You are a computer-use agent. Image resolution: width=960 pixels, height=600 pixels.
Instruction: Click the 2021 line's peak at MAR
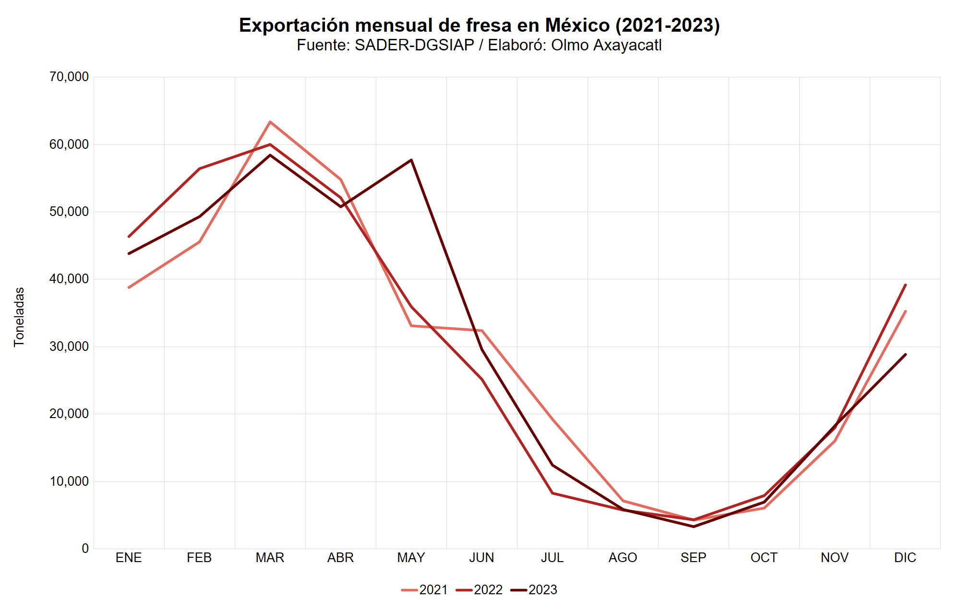[270, 122]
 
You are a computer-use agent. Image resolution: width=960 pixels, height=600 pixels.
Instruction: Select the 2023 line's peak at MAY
[411, 160]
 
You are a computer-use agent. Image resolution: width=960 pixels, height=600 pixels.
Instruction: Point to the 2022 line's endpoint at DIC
[905, 285]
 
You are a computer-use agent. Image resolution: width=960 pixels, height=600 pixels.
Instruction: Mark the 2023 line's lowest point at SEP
[694, 527]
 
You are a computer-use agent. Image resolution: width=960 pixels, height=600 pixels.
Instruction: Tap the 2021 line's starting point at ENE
[129, 288]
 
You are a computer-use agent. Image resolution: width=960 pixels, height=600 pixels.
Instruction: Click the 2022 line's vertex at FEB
[200, 168]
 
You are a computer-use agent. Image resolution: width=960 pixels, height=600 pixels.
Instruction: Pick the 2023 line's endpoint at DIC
[905, 355]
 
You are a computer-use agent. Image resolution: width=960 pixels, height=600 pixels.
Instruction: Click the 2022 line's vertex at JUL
[552, 493]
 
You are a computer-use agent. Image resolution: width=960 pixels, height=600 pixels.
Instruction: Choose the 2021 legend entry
[425, 589]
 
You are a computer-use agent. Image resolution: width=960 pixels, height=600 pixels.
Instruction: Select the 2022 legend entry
[480, 589]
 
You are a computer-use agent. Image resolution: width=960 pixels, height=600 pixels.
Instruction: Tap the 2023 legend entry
[534, 589]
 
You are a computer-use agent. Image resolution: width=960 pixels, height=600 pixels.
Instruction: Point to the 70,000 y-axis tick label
[69, 77]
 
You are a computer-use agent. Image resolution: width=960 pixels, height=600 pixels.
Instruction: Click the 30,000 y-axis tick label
[69, 347]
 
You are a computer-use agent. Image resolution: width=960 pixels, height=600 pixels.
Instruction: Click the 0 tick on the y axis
[85, 549]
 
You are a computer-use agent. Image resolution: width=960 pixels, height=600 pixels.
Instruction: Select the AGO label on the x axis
[623, 558]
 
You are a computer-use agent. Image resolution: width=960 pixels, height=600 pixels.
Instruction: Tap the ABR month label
[340, 558]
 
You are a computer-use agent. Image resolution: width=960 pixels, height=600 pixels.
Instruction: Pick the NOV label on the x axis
[834, 558]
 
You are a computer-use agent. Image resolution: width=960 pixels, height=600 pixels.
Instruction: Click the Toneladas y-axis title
[19, 317]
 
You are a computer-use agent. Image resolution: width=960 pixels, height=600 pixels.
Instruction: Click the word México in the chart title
[577, 25]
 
